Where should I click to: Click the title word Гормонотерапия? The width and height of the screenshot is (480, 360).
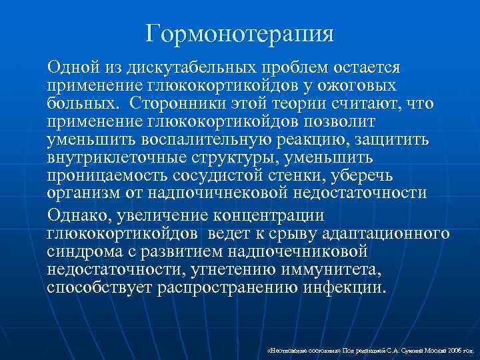(240, 31)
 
